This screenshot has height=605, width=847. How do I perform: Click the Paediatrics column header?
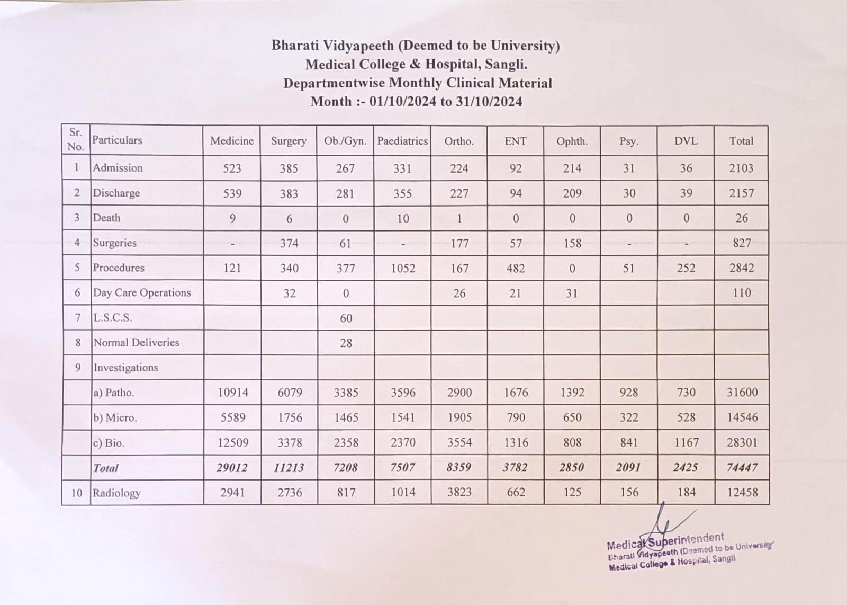click(402, 141)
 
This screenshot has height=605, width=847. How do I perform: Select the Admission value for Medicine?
click(232, 168)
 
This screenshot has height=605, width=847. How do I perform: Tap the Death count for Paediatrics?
click(403, 218)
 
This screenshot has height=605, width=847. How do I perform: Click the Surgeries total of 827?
click(742, 243)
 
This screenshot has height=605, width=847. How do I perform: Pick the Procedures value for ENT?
click(516, 268)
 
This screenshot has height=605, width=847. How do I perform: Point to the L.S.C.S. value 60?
click(346, 318)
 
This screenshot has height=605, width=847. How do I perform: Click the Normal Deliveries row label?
click(137, 343)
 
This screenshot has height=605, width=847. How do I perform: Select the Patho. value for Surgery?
click(290, 393)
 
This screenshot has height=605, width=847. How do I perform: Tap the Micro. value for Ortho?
click(459, 417)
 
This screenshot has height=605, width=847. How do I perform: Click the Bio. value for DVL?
click(686, 442)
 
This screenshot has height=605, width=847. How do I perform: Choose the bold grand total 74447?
click(742, 467)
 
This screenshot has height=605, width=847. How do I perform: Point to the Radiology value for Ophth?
click(572, 492)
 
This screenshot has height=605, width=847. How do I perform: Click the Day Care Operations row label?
click(142, 293)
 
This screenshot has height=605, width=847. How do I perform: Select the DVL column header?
click(686, 141)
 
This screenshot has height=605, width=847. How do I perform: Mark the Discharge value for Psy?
click(629, 193)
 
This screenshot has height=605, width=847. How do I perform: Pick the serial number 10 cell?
click(77, 493)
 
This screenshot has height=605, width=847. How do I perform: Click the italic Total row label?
click(106, 468)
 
